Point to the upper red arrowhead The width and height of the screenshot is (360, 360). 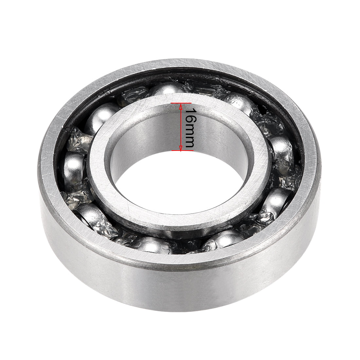click(181, 106)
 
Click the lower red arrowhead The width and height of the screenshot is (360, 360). click(181, 148)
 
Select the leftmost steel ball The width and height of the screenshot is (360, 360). click(74, 168)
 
